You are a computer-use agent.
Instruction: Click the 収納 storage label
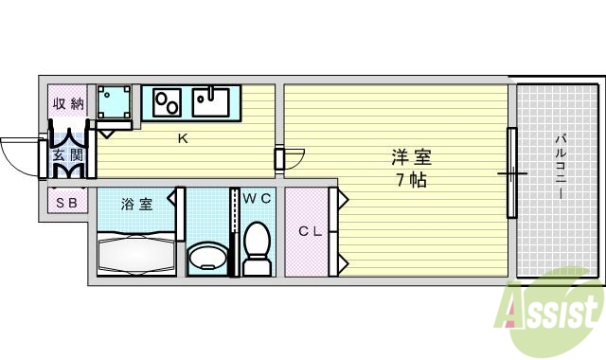pyautogui.click(x=67, y=103)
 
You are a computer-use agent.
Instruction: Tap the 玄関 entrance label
pyautogui.click(x=67, y=154)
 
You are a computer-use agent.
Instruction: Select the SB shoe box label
pyautogui.click(x=66, y=203)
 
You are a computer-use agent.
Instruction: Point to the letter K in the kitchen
pyautogui.click(x=183, y=139)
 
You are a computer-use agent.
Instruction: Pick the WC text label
pyautogui.click(x=256, y=198)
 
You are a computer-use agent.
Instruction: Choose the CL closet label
pyautogui.click(x=310, y=230)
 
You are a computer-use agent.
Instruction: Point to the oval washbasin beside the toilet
pyautogui.click(x=206, y=257)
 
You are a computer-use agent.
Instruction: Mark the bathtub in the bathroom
pyautogui.click(x=134, y=254)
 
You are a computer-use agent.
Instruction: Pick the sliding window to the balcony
pyautogui.click(x=511, y=172)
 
